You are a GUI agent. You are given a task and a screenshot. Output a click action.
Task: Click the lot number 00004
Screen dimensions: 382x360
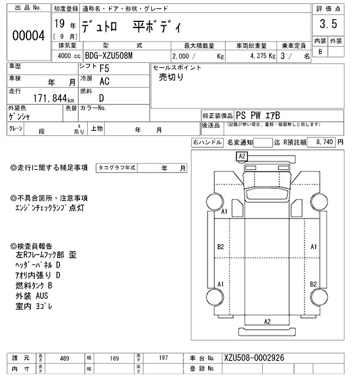tap(28, 35)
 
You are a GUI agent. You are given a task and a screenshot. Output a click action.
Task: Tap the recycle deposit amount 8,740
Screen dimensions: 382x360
tap(326, 143)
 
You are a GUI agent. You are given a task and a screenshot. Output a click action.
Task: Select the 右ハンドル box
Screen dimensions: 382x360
tap(207, 143)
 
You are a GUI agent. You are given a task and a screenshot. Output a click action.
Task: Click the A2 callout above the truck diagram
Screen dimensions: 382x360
tap(242, 156)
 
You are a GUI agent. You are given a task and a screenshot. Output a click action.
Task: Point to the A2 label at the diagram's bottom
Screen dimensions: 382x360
tap(268, 321)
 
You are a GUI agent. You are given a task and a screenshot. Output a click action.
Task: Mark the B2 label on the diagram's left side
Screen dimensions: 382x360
tap(220, 247)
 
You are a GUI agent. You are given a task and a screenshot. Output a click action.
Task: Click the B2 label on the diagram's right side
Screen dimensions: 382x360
tap(314, 284)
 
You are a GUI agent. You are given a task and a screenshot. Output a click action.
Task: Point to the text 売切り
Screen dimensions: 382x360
tap(172, 78)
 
